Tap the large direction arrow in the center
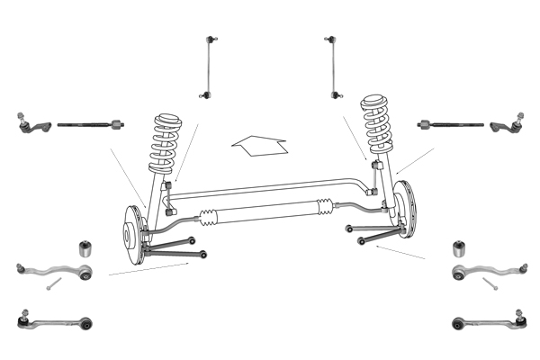pos(259,144)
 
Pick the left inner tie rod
pos(88,123)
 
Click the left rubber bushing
pos(86,247)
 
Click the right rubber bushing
pos(458,247)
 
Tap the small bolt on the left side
pos(52,284)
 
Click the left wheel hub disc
pos(132,235)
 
